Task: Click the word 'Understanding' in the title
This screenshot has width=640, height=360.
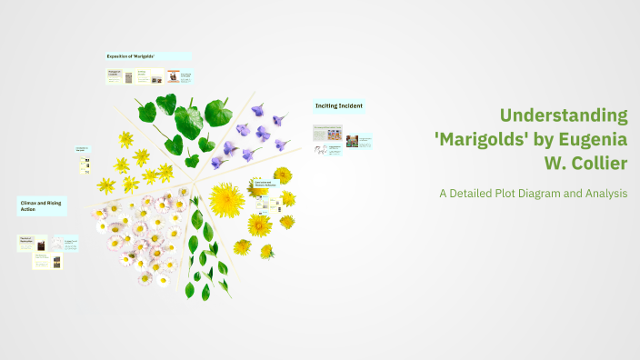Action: coord(564,115)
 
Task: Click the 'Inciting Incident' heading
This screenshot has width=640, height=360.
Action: coord(339,105)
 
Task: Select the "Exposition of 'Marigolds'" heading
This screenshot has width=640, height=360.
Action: coord(131,56)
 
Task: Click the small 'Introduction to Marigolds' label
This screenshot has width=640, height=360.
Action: coord(82,149)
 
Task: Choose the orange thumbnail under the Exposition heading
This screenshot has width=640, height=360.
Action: coord(173,77)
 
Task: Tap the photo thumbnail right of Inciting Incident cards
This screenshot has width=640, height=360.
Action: coord(352,141)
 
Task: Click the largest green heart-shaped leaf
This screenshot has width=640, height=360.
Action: coord(188,121)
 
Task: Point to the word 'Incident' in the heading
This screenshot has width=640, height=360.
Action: coord(351,105)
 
